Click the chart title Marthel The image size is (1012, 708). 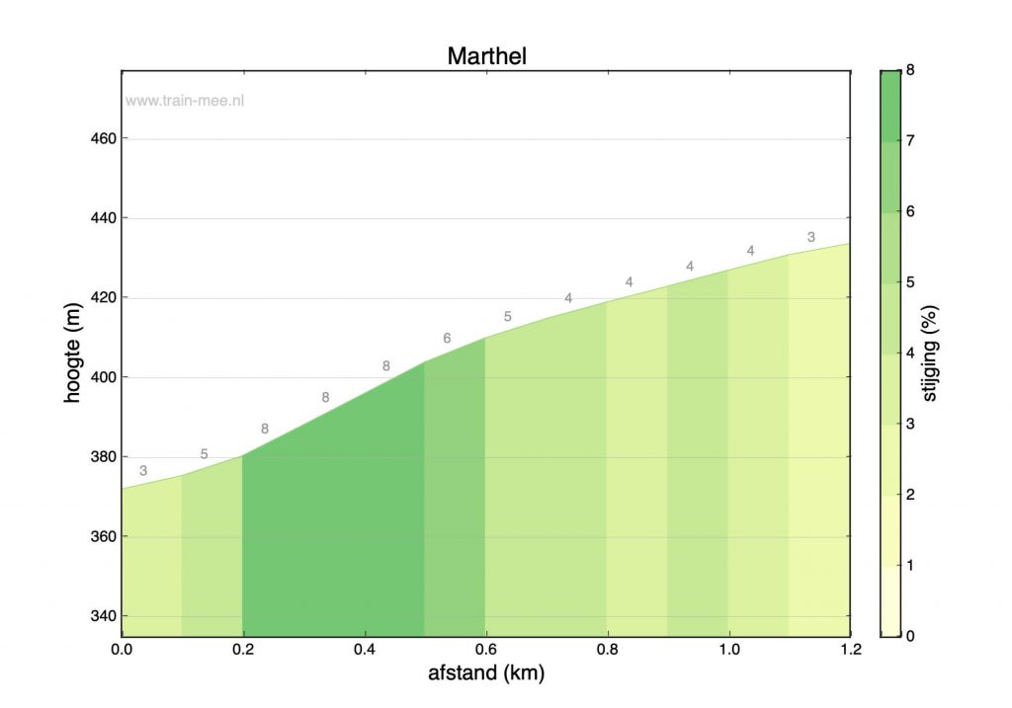tap(486, 55)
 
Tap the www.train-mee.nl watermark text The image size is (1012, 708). tap(184, 101)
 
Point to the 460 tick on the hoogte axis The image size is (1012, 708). tap(104, 139)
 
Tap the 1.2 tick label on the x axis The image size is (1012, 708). tap(850, 649)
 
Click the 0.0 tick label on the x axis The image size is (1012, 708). tap(122, 649)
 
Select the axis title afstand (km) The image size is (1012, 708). tap(486, 674)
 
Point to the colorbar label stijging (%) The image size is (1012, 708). tap(956, 353)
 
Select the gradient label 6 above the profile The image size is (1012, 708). tap(447, 339)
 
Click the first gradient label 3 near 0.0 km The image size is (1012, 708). tap(143, 471)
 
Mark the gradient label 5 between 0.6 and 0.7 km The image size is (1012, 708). tap(507, 317)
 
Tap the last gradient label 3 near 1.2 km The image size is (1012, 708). tap(810, 237)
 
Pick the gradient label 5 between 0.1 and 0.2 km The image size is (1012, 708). tap(204, 454)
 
